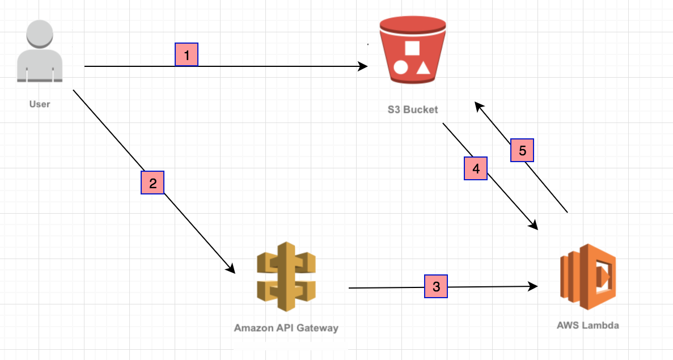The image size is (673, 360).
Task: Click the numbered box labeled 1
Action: tap(187, 54)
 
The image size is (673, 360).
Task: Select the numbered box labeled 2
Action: tap(153, 183)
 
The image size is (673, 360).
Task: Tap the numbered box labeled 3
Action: tap(436, 286)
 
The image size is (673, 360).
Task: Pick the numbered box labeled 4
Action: tap(476, 168)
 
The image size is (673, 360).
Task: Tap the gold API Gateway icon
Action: tap(286, 276)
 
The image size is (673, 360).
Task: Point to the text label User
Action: tap(40, 104)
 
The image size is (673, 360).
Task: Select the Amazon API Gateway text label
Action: tap(286, 328)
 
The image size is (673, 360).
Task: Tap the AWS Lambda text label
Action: tap(588, 325)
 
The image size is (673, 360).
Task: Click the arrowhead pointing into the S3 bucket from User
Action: tap(364, 66)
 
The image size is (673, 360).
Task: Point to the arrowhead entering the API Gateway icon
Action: tap(231, 269)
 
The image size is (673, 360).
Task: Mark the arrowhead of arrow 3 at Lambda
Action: tap(534, 286)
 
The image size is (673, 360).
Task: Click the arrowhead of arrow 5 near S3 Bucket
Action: tap(479, 105)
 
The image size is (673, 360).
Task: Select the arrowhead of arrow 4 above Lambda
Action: tap(534, 226)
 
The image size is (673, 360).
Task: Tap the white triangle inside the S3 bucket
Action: tap(423, 68)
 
